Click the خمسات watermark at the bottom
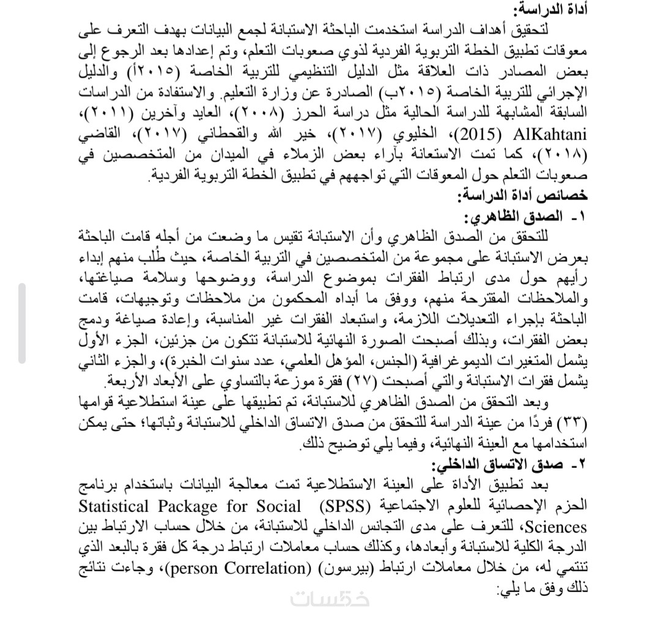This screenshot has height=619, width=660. (330, 599)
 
